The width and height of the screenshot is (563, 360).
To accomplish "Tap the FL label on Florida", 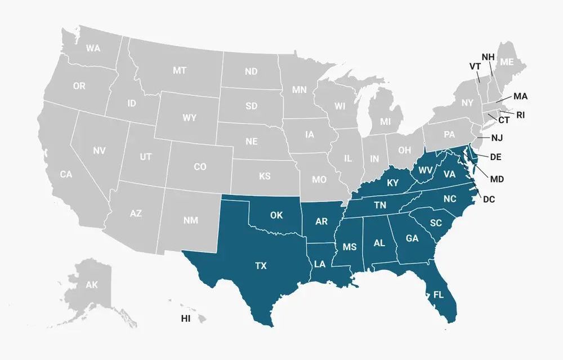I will pos(437,294).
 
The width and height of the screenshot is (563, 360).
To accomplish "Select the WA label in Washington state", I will pos(93,48).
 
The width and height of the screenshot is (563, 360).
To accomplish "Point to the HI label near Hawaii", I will pos(185,319).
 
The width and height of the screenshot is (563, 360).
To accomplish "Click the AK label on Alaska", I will pos(92,285).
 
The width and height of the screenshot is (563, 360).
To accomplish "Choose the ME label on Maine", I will pos(507,62).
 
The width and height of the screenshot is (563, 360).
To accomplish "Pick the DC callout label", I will pos(489,199).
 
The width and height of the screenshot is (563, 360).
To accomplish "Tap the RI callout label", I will pos(520,115).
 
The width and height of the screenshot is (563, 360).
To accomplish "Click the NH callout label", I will pos(488,57).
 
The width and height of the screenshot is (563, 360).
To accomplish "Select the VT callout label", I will pos(475,66).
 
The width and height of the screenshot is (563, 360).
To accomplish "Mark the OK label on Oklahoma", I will pos(276,215).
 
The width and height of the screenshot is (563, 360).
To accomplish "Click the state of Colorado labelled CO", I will pos(200,167).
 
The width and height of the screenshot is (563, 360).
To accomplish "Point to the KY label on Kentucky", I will pos(392,182).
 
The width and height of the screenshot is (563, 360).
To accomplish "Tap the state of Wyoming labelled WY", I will pos(190,118).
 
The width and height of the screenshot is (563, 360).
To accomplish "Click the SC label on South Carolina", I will pos(436,223).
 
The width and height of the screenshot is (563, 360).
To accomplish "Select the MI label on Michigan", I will pos(385,122).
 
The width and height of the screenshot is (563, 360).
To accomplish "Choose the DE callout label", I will pos(495,157).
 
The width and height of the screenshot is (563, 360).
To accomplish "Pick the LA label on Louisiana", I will pos(320,264).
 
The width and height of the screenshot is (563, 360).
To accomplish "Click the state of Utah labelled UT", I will pos(145,157).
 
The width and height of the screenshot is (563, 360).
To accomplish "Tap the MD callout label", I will pos(497,179).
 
